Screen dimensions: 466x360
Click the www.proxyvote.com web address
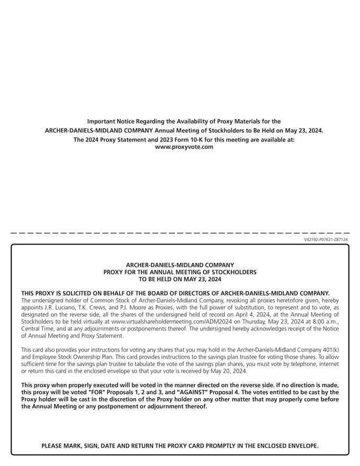point(184,147)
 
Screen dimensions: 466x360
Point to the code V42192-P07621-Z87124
point(326,239)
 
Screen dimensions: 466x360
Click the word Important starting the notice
point(102,121)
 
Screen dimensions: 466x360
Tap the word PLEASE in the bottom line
point(55,446)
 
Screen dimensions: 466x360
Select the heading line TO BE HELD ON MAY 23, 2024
point(180,279)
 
